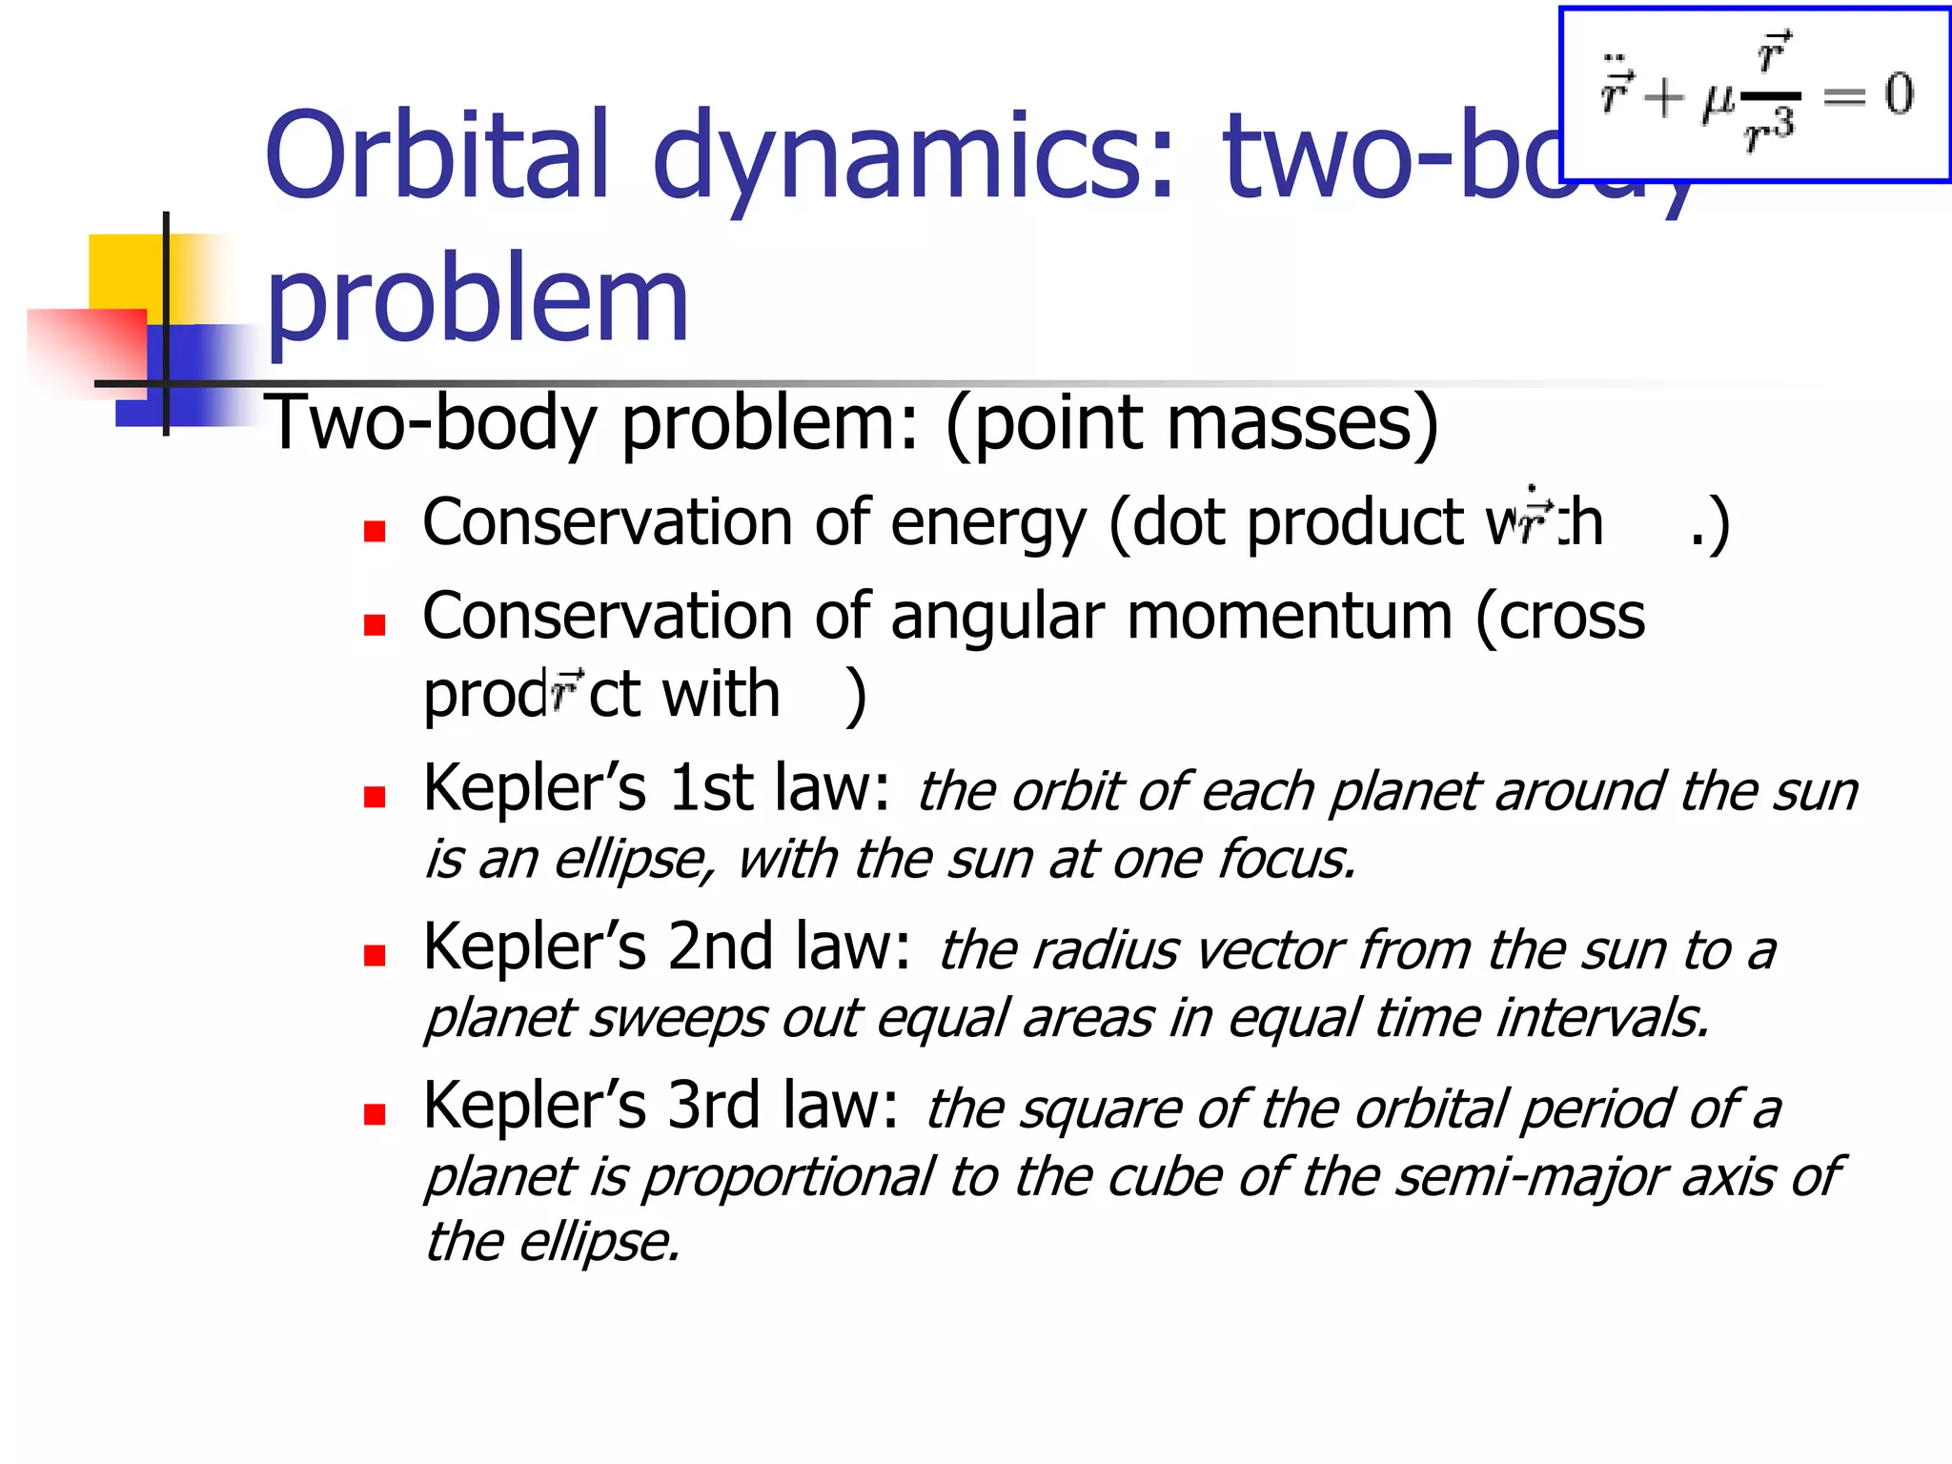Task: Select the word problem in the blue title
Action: (x=477, y=300)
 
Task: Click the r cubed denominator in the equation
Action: (x=1770, y=131)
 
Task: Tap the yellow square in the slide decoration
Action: (x=124, y=272)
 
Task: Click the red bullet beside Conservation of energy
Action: (x=375, y=531)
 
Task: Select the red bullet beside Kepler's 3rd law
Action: (x=375, y=1114)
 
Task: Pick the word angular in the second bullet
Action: (x=997, y=617)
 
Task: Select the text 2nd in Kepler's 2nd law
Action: (x=720, y=947)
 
